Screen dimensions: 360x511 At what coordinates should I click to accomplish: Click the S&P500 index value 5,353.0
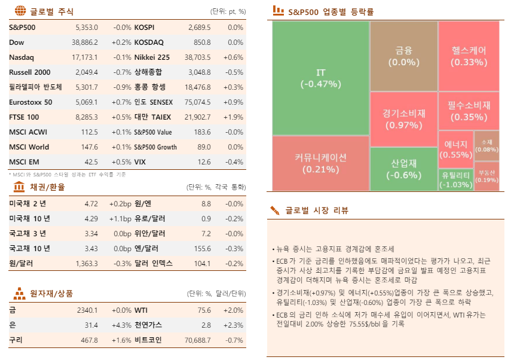click(x=86, y=28)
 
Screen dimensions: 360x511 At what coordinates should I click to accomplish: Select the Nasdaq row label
click(x=22, y=57)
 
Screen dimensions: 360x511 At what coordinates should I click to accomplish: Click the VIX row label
click(x=140, y=162)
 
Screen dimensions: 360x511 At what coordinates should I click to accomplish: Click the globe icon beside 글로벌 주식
click(x=20, y=11)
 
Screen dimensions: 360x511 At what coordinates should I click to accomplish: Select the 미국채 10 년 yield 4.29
click(x=91, y=218)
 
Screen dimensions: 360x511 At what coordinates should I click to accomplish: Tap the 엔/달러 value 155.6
click(x=202, y=248)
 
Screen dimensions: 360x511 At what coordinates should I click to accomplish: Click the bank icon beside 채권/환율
click(x=19, y=187)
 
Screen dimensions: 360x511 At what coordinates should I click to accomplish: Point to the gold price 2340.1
click(x=87, y=310)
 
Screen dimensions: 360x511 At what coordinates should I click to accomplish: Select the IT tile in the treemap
click(x=320, y=78)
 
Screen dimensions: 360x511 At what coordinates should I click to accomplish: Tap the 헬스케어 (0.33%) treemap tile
click(x=469, y=56)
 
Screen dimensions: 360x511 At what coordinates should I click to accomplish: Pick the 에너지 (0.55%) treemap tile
click(x=455, y=150)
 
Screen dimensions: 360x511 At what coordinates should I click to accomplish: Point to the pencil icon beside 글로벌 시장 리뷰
click(x=275, y=210)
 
